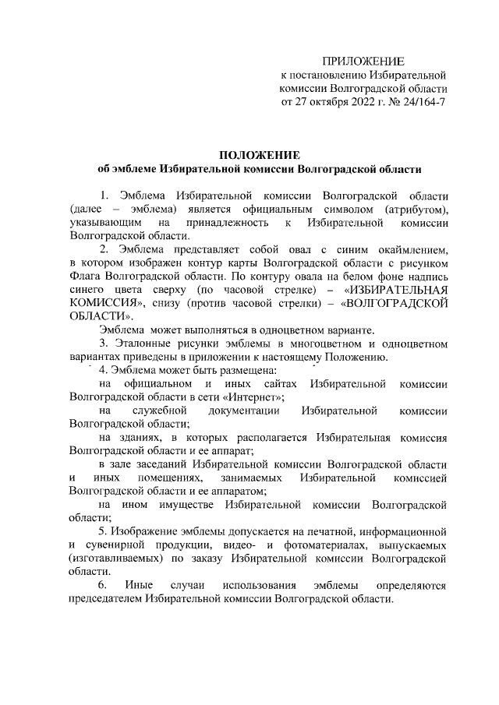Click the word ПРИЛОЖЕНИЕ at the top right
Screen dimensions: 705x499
click(363, 60)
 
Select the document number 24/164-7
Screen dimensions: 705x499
click(420, 104)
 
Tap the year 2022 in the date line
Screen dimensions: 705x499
click(350, 104)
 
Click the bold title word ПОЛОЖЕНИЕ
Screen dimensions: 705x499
click(257, 154)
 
